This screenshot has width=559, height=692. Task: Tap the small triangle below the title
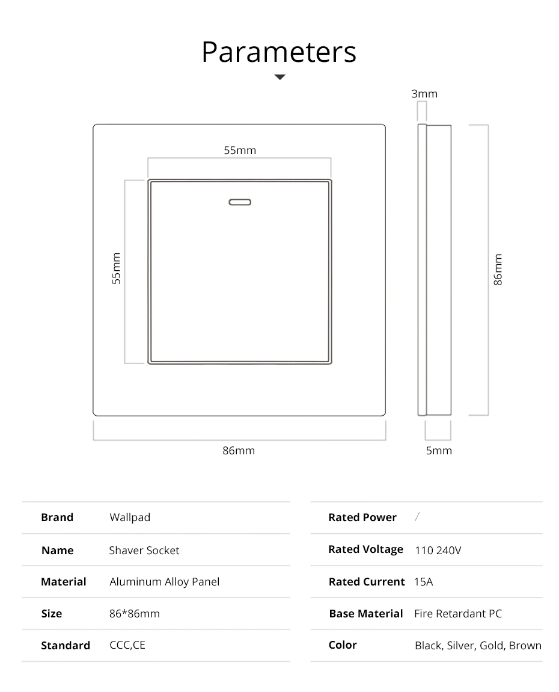(279, 77)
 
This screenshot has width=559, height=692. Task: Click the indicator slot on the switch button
(239, 202)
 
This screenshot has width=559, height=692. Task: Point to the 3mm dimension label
(424, 94)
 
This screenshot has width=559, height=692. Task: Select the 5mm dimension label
(439, 451)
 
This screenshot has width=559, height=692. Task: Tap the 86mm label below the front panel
(239, 451)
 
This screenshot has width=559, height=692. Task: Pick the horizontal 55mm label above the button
(240, 150)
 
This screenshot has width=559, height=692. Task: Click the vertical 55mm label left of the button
(117, 268)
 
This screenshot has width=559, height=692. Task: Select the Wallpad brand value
(130, 517)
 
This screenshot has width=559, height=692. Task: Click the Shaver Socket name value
(144, 550)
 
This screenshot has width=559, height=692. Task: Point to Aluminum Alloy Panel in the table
(164, 582)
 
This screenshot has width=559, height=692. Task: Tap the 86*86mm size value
(135, 614)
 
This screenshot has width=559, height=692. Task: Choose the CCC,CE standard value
(127, 645)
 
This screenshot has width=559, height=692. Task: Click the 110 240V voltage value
(438, 550)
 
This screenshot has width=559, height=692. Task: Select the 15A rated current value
(424, 582)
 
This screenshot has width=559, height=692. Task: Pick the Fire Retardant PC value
(458, 614)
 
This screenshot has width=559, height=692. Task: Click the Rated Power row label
(362, 517)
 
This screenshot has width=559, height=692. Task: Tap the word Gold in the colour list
(491, 646)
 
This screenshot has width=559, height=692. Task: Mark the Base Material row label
(366, 614)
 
